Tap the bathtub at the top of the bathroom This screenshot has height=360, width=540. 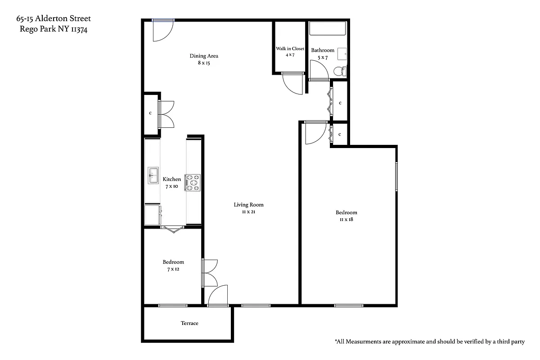(328, 29)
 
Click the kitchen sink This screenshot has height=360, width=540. (153, 175)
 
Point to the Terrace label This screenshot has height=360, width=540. (189, 323)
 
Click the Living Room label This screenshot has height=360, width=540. (248, 205)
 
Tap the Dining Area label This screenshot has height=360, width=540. (204, 56)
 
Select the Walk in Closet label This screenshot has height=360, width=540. (290, 49)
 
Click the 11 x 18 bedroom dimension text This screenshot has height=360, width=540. (346, 220)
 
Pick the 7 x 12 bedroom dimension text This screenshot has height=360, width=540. (173, 269)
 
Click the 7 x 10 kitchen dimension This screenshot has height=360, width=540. (171, 186)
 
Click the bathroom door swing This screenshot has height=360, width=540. (320, 70)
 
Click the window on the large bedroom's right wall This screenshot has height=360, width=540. (396, 176)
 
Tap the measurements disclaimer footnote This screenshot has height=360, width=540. (429, 342)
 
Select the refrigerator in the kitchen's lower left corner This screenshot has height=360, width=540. (153, 215)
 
